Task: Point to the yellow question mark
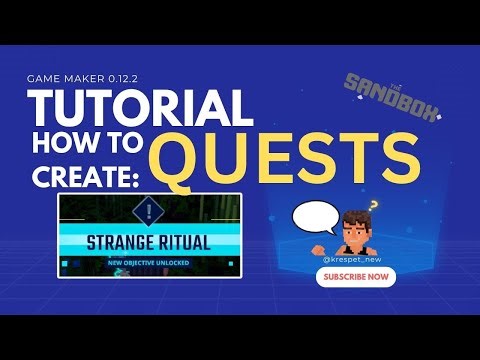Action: [374, 207]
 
